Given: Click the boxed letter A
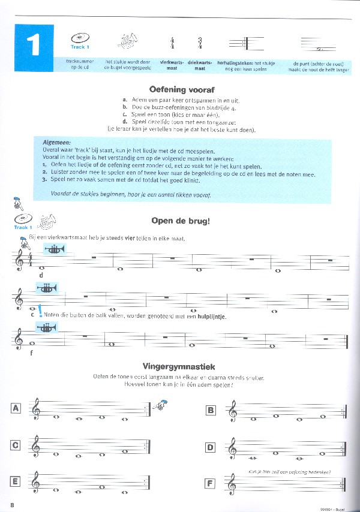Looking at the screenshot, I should tap(16, 408).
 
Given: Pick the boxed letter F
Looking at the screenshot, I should tap(210, 482).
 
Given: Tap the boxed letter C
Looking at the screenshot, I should tap(16, 444).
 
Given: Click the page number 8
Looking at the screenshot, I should tap(12, 505).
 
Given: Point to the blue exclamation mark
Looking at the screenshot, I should tap(40, 311).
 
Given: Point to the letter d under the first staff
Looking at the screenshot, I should tap(40, 275).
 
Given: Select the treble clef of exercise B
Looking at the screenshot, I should tap(232, 411).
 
